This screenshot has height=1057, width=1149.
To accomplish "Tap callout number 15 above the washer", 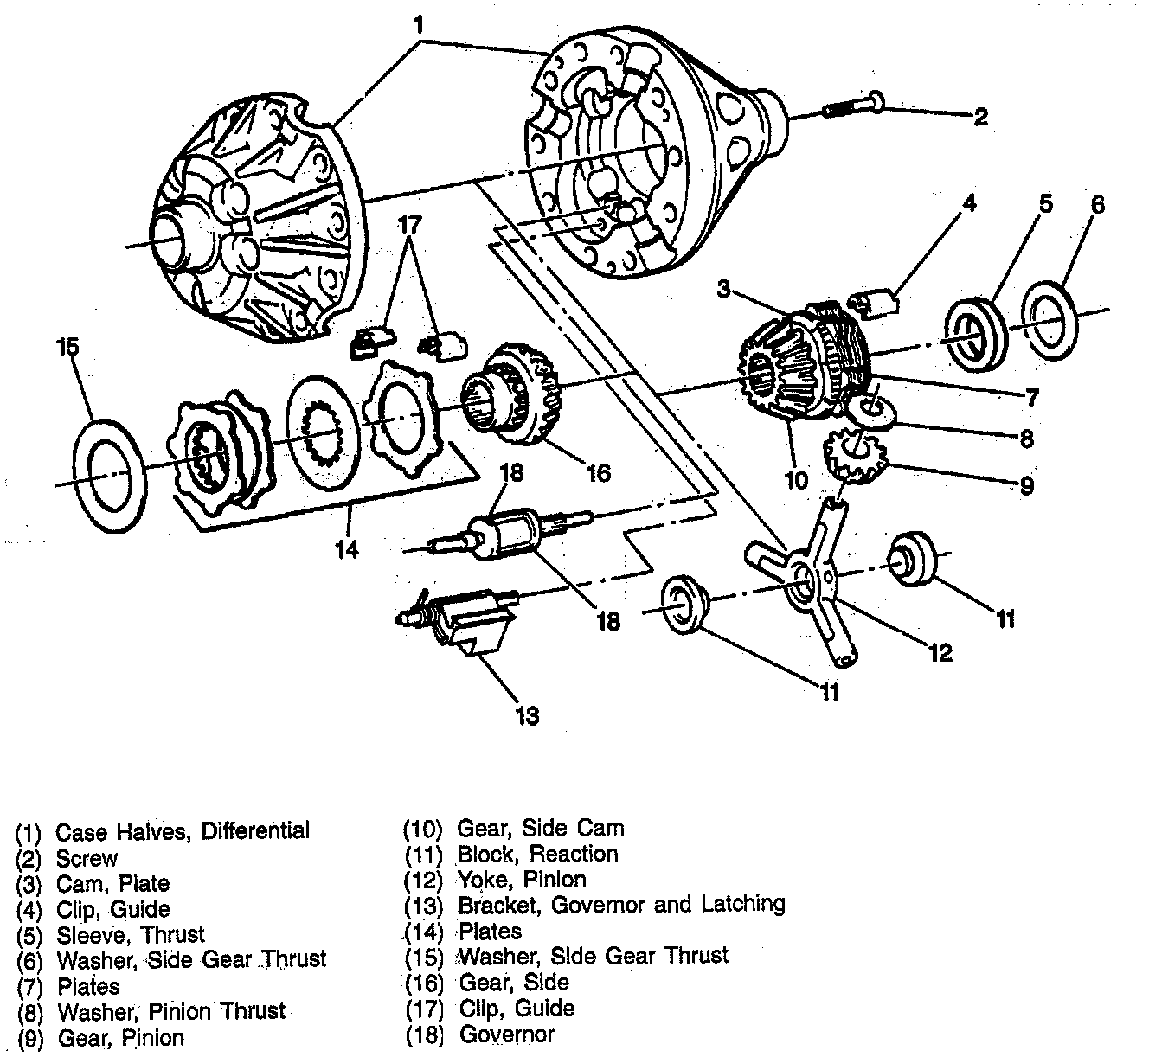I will click(x=67, y=347).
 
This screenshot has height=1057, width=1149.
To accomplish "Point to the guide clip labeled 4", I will click(x=874, y=304).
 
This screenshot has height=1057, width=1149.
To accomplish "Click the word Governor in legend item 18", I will click(x=506, y=1034).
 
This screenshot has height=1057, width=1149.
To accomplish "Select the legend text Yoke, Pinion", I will click(x=522, y=880).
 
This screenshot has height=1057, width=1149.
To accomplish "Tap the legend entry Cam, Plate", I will click(x=112, y=884).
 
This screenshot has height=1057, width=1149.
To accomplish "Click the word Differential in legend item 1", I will click(x=255, y=832).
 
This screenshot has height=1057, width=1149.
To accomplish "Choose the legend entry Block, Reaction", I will click(x=537, y=855).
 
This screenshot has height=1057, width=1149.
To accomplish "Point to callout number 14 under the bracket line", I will click(x=347, y=549).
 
